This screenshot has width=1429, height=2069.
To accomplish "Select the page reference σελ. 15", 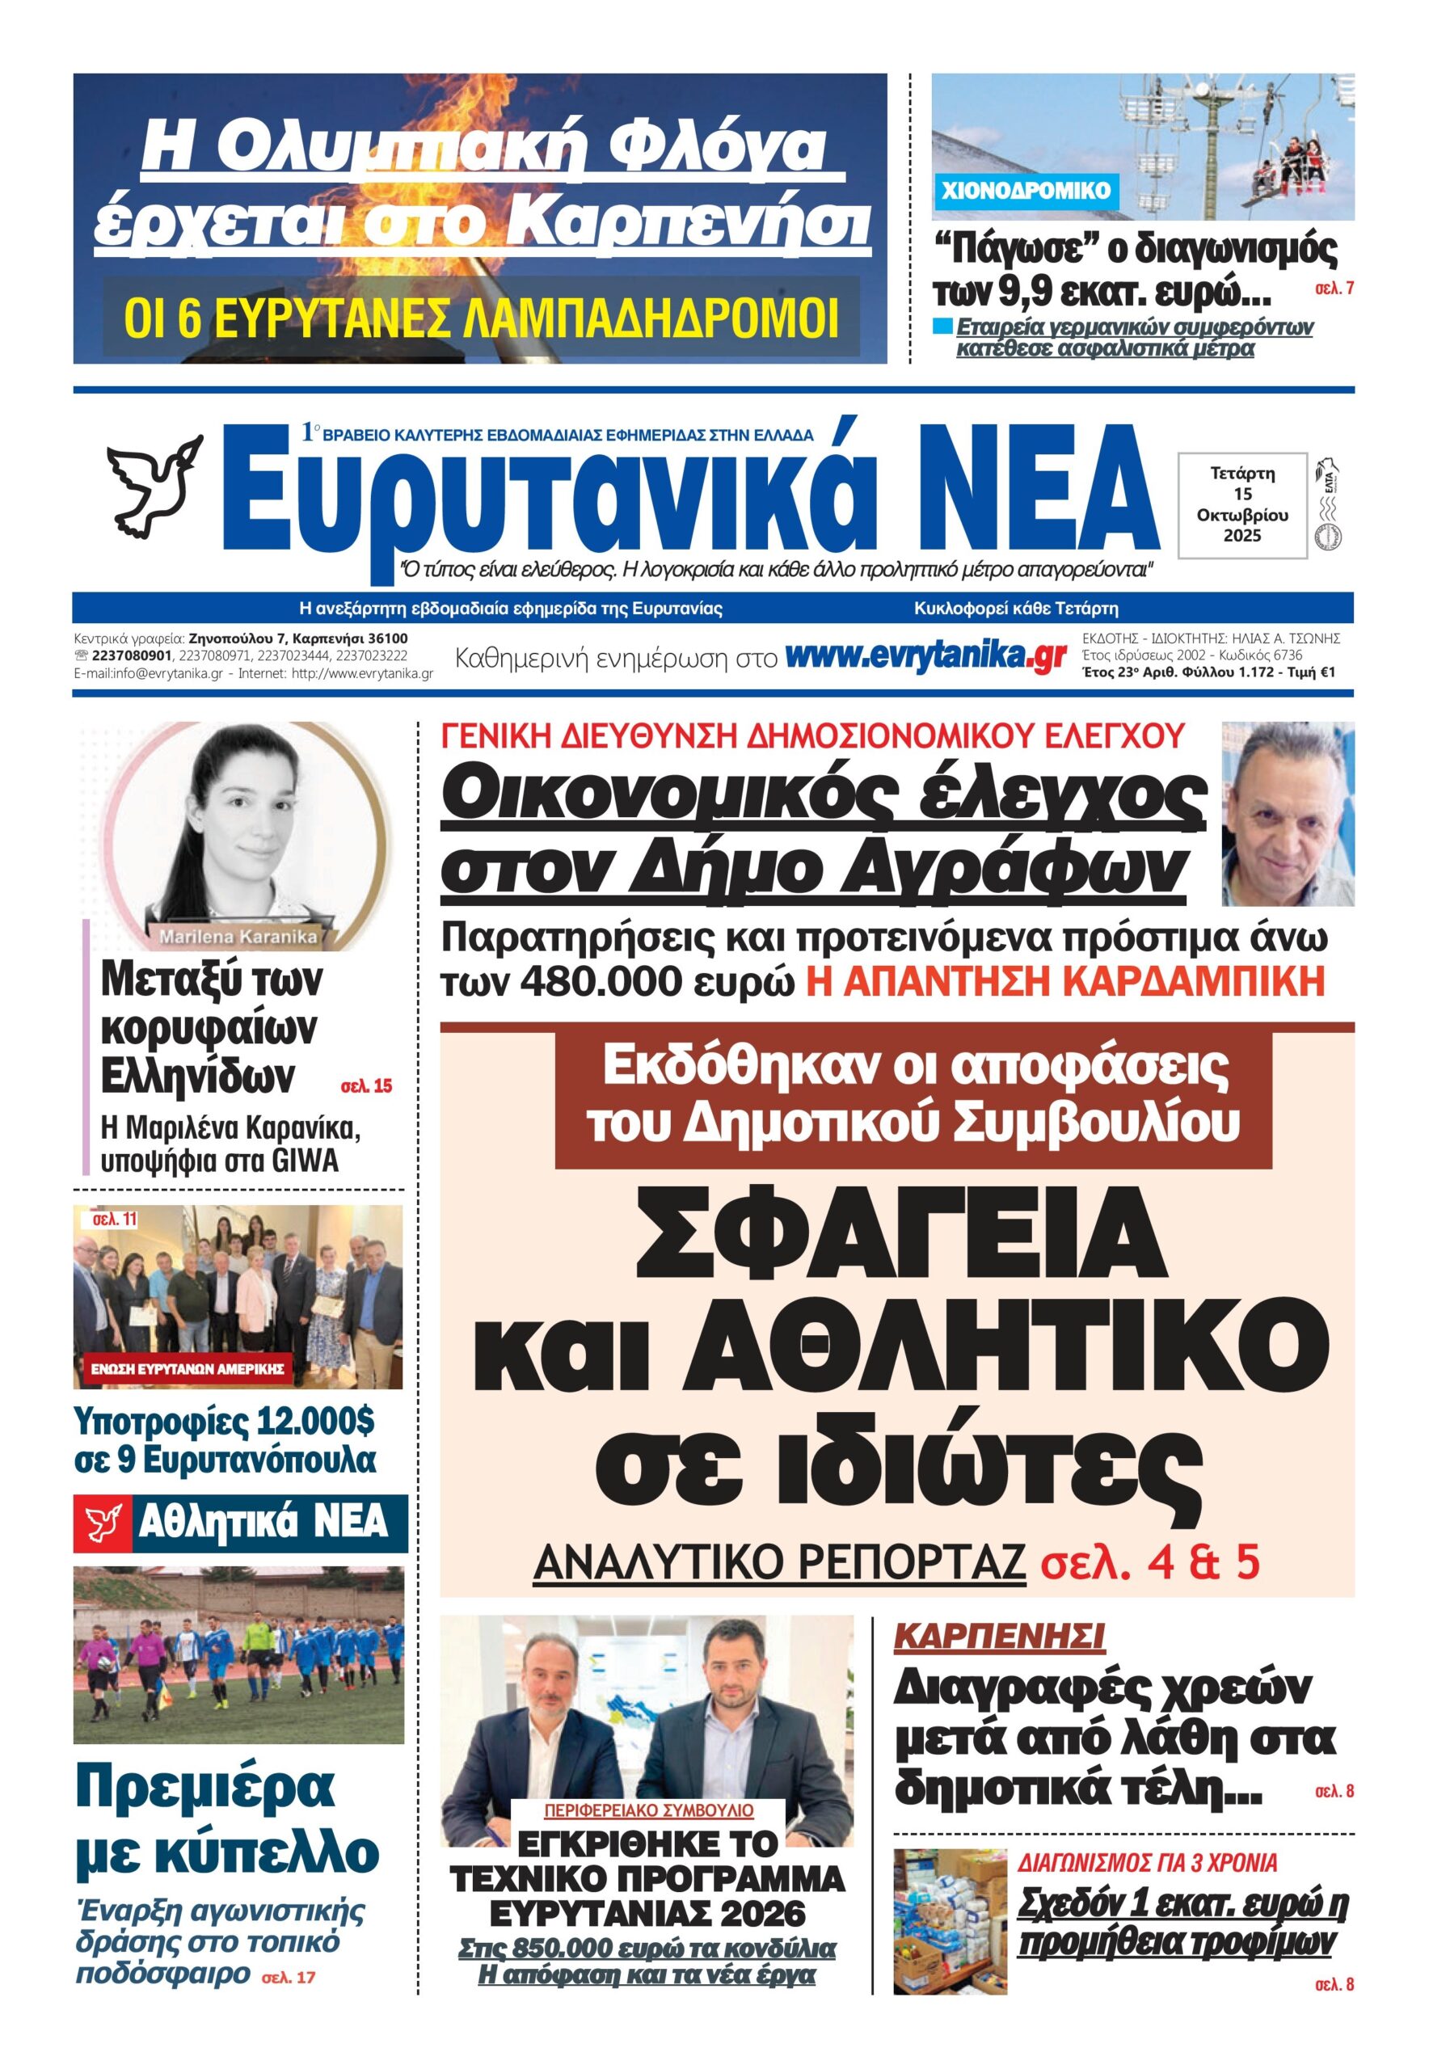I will (366, 1086).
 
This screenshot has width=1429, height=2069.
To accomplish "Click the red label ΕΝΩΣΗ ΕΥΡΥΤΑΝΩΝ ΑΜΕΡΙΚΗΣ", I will (188, 1369).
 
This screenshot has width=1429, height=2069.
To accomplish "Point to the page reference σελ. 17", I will (289, 2002).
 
